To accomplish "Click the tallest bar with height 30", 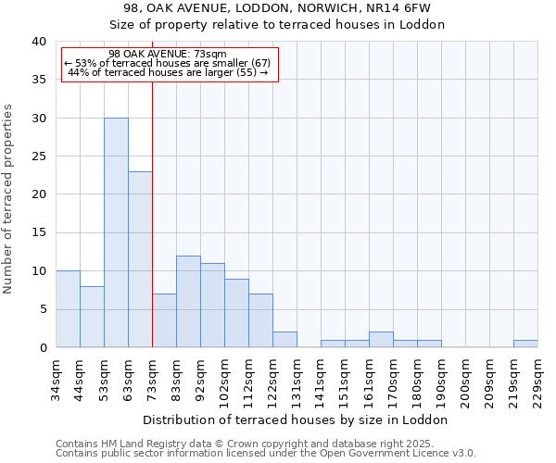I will click(116, 232).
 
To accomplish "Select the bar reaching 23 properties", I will click(140, 259).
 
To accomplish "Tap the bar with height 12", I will click(188, 301).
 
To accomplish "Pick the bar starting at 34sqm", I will click(68, 309).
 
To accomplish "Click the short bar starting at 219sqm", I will click(525, 344).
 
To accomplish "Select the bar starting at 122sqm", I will click(284, 340).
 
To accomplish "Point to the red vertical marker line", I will click(152, 231).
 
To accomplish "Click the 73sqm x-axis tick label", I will click(153, 380).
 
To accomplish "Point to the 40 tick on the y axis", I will click(38, 42).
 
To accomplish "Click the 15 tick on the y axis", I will click(38, 232).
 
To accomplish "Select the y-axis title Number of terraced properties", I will click(9, 198).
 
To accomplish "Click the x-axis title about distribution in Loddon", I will click(297, 419).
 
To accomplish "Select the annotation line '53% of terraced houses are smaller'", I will click(168, 63).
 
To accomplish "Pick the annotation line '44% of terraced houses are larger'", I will click(168, 72).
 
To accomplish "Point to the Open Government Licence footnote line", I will click(266, 453).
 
